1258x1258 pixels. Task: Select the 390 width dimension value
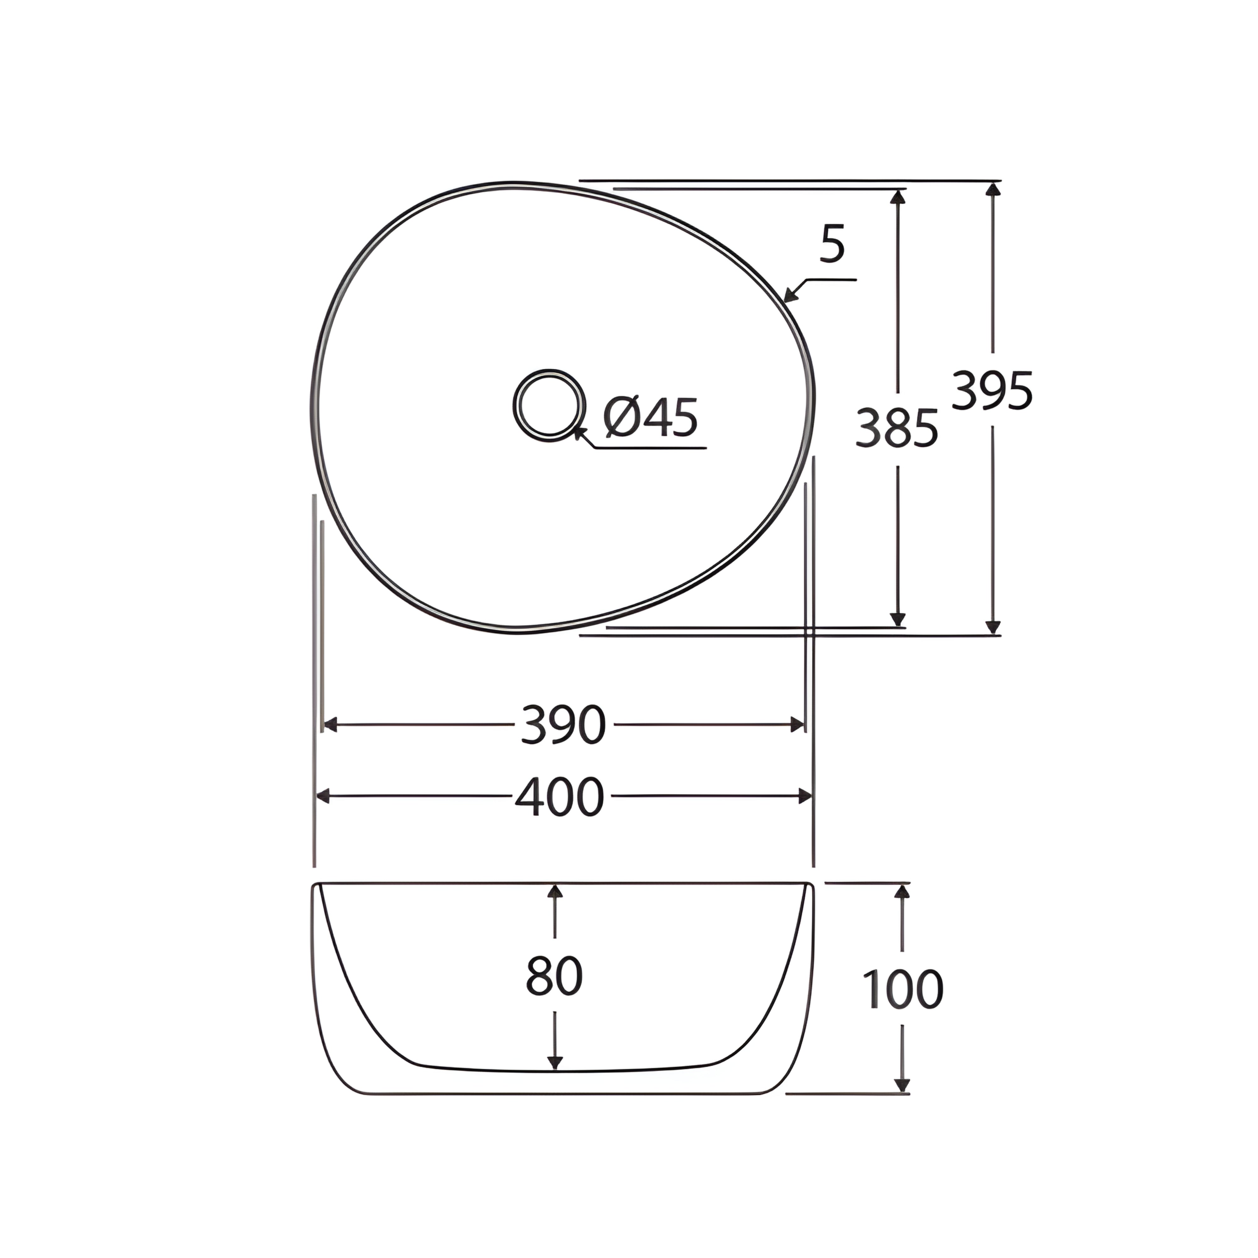[563, 725]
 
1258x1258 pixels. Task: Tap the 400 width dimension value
[560, 796]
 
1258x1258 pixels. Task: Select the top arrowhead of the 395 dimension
[992, 189]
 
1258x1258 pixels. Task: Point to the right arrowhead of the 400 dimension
[805, 796]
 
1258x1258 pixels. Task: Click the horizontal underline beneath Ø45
[651, 448]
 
